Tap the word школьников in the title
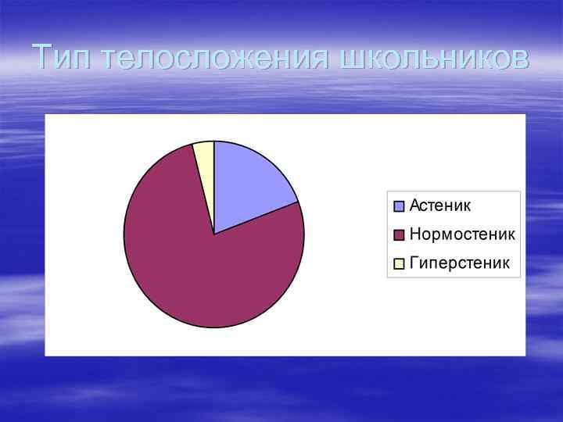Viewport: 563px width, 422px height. tap(435, 58)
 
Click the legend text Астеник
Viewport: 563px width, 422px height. tap(440, 206)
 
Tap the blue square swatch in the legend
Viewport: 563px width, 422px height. tap(399, 206)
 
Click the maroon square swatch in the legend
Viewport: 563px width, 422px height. tap(399, 235)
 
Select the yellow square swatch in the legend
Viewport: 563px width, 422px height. tap(399, 264)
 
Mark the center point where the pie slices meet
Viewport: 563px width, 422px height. tap(214, 234)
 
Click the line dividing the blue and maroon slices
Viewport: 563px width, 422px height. tap(256, 218)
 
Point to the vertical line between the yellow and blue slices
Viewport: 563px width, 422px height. tap(214, 188)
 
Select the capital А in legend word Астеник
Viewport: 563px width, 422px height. tap(415, 206)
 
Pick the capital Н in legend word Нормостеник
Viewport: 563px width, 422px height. tap(415, 234)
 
